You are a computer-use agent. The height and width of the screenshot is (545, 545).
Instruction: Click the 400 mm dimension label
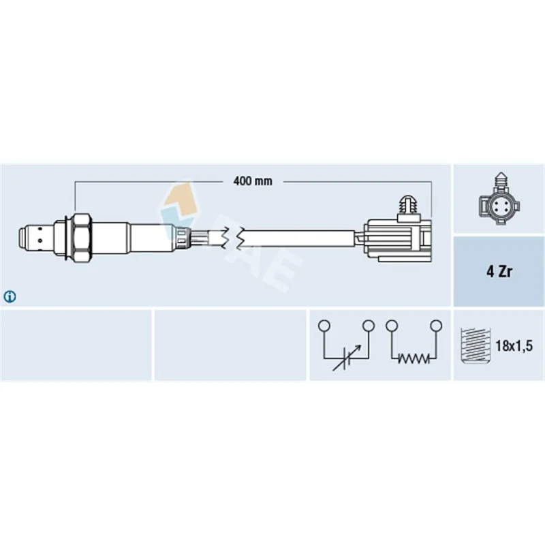(x=253, y=181)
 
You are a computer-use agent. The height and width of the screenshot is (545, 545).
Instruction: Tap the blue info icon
(x=10, y=296)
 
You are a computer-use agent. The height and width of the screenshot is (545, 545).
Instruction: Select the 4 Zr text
(x=499, y=271)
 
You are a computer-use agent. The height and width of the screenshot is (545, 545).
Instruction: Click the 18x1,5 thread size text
(x=514, y=346)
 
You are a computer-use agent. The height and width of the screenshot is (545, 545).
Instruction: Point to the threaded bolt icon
(x=475, y=346)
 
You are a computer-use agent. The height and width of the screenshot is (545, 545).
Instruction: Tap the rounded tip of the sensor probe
(x=22, y=238)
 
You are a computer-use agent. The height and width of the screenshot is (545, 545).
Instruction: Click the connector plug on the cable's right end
(x=398, y=240)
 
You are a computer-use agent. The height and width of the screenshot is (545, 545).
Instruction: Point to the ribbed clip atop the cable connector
(x=409, y=208)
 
